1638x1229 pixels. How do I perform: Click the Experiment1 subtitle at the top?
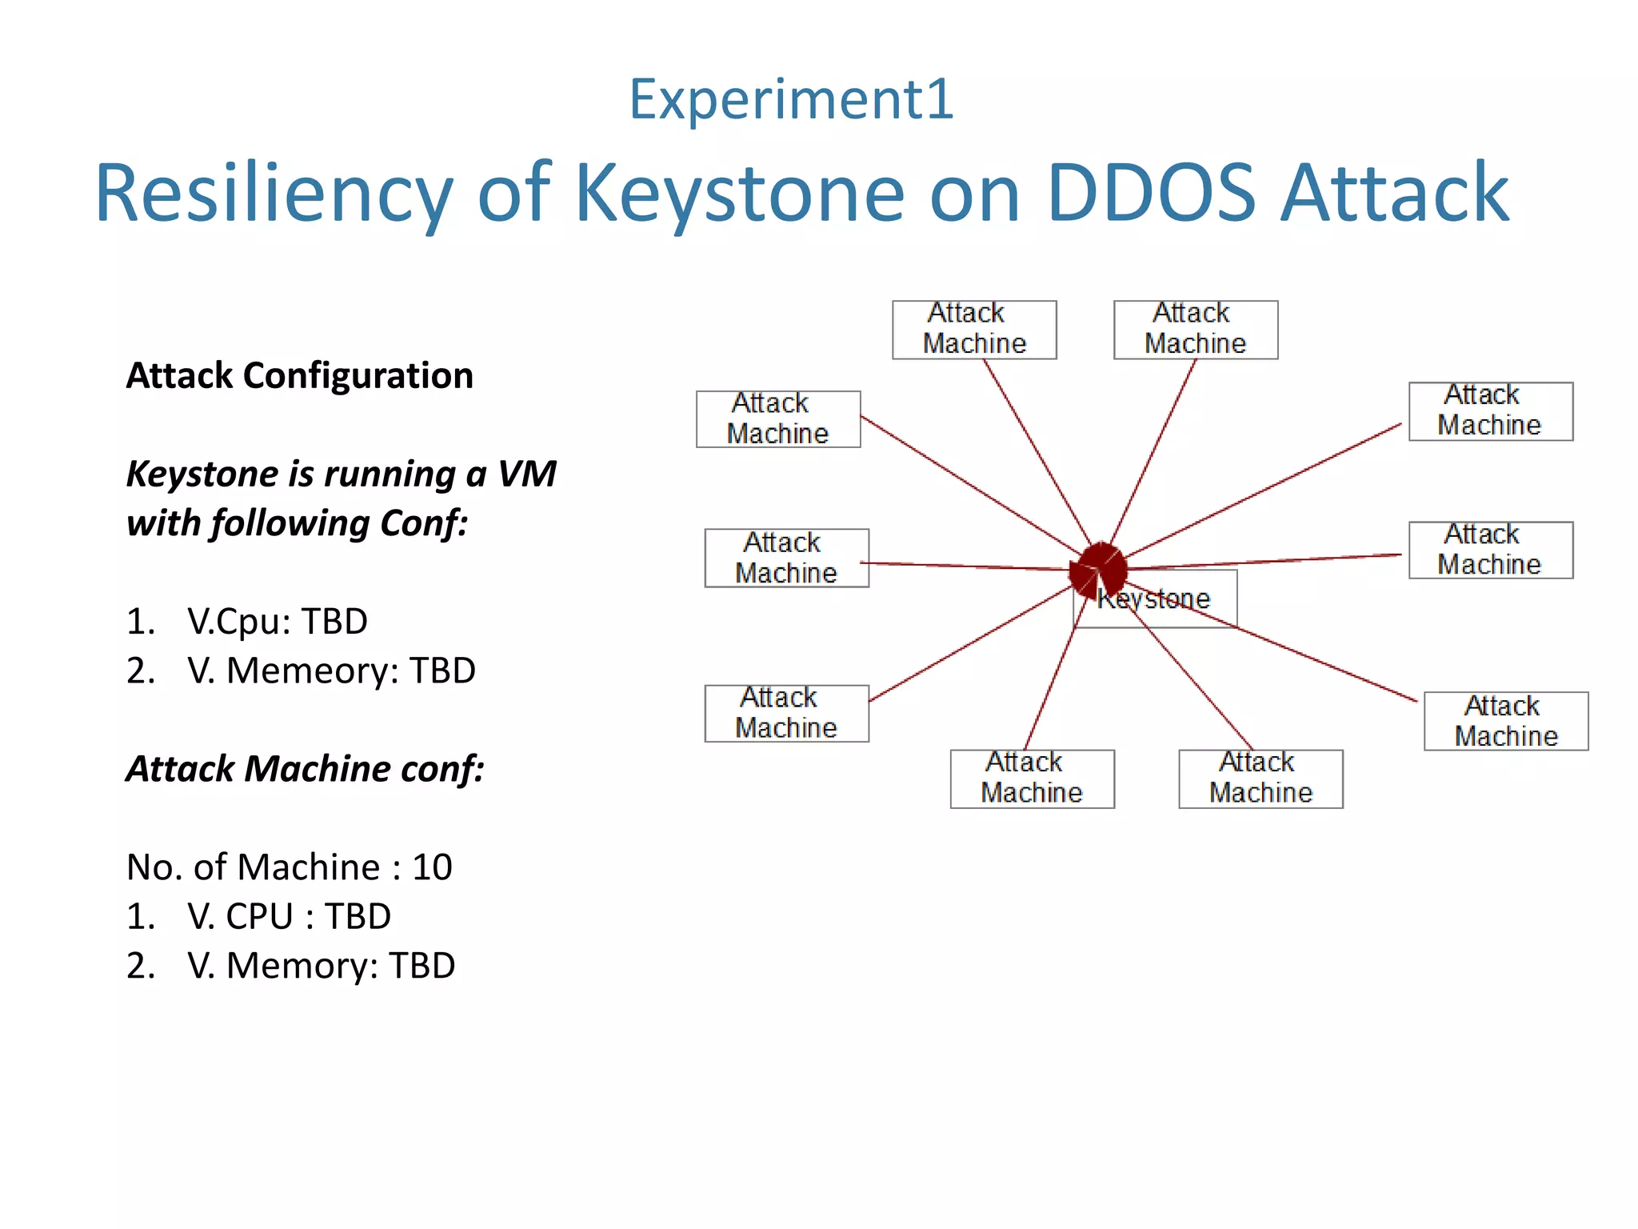click(791, 99)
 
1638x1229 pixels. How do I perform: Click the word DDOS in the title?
click(1151, 194)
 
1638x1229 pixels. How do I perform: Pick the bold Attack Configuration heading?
click(300, 375)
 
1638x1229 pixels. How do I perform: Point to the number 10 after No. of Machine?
click(432, 867)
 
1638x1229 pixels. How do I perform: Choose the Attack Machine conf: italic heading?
click(306, 769)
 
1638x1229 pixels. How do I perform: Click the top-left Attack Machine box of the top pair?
click(974, 330)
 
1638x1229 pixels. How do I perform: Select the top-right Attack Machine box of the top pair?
click(1195, 330)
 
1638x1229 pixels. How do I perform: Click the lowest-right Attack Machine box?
click(1505, 721)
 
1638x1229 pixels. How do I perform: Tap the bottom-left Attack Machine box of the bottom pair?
click(1032, 779)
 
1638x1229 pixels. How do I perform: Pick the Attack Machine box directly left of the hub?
click(786, 558)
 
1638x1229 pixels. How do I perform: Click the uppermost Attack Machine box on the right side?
click(1490, 411)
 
